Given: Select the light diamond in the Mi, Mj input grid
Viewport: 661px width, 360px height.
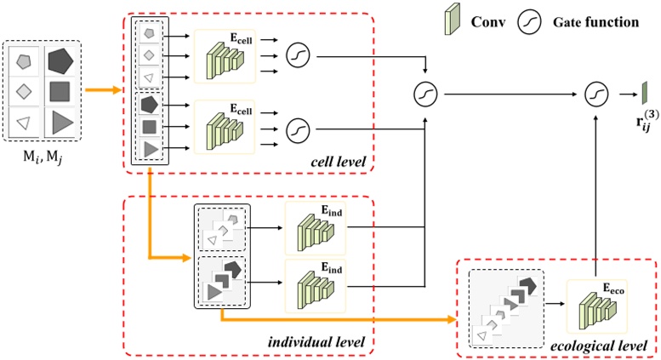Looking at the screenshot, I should click(x=26, y=93).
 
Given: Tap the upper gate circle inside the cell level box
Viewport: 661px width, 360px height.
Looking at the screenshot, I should click(x=299, y=56).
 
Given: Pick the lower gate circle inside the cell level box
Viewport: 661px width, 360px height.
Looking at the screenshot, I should click(x=299, y=129).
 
